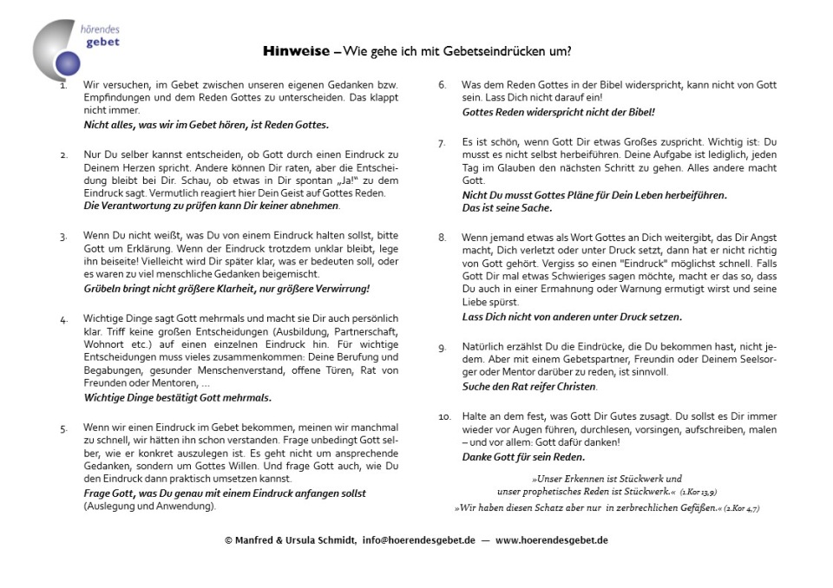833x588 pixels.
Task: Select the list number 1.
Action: click(x=63, y=86)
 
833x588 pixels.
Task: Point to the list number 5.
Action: click(x=63, y=428)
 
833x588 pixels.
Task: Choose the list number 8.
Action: click(x=442, y=237)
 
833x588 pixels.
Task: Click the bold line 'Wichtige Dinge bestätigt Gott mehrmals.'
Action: click(x=177, y=398)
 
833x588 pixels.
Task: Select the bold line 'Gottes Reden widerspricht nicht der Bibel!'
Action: click(x=558, y=112)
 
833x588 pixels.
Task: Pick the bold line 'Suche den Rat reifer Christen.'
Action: click(x=529, y=386)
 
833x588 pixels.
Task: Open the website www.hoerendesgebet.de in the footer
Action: click(x=552, y=539)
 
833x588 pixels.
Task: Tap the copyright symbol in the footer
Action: click(x=228, y=539)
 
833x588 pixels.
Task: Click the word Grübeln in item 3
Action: click(x=105, y=287)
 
